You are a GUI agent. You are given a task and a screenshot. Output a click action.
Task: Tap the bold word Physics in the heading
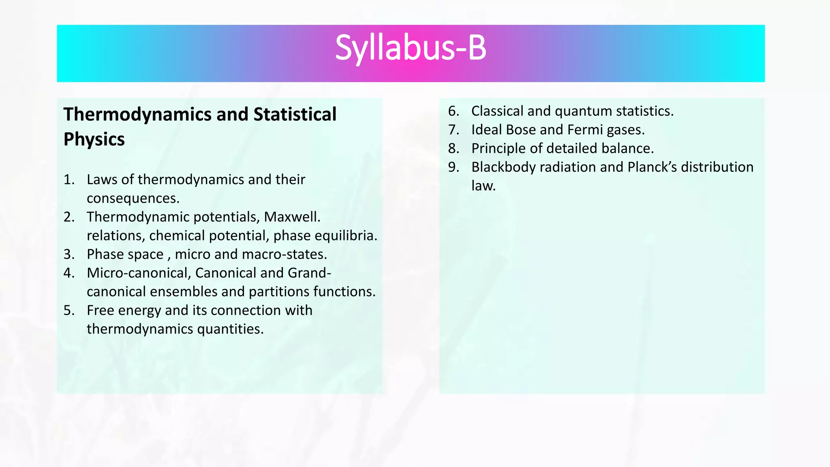pos(94,139)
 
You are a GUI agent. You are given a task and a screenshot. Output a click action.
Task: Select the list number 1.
pos(69,180)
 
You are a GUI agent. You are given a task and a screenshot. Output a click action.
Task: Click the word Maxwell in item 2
pos(291,217)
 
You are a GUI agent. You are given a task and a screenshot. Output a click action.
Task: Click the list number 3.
pos(69,254)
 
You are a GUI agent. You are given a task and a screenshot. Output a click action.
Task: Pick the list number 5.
pos(69,310)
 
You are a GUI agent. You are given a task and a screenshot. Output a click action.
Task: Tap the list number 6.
pos(454,111)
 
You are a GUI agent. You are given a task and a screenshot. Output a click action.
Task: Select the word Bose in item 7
pos(521,130)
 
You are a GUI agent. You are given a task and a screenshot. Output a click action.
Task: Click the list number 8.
pos(454,148)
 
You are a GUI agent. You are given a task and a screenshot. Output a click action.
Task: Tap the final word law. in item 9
pos(483,186)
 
